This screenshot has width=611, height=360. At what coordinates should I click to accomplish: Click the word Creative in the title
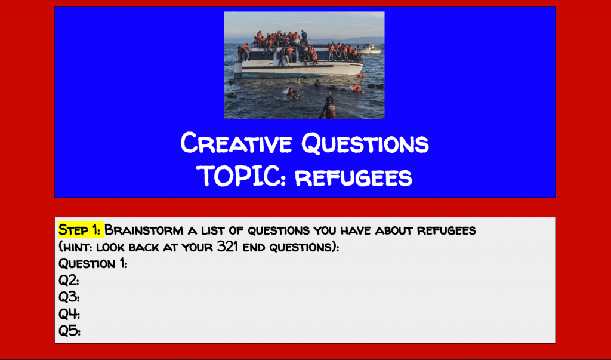pyautogui.click(x=236, y=143)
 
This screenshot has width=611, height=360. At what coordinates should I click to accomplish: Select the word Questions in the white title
pyautogui.click(x=365, y=143)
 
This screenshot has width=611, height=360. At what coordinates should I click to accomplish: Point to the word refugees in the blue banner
pyautogui.click(x=353, y=178)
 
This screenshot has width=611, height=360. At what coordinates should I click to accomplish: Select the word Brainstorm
pyautogui.click(x=144, y=230)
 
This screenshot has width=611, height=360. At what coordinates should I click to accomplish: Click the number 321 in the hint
pyautogui.click(x=227, y=247)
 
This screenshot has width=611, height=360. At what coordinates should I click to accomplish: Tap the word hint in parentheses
pyautogui.click(x=77, y=247)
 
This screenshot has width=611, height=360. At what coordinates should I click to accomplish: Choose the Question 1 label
pyautogui.click(x=92, y=264)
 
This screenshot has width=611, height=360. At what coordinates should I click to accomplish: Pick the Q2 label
pyautogui.click(x=69, y=281)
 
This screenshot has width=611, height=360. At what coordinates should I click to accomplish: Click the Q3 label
pyautogui.click(x=69, y=297)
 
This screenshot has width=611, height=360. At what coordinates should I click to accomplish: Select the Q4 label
pyautogui.click(x=69, y=314)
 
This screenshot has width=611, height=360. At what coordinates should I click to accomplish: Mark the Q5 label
pyautogui.click(x=69, y=331)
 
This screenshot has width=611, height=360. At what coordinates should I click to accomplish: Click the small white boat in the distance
pyautogui.click(x=369, y=49)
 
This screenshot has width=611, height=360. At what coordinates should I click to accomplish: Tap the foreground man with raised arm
pyautogui.click(x=329, y=106)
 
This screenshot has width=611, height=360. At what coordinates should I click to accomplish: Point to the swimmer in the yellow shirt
pyautogui.click(x=299, y=82)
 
